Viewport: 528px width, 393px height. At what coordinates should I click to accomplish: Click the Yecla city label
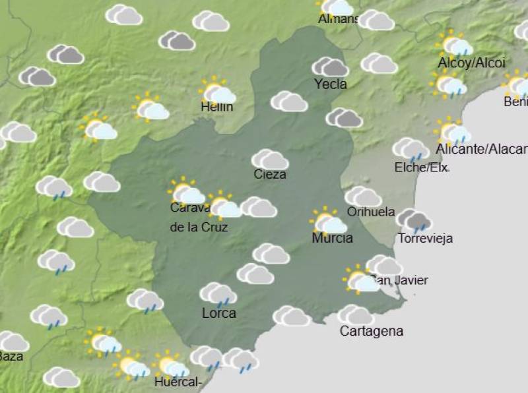[x=331, y=84]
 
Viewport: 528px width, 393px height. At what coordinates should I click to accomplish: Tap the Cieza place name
[x=270, y=174]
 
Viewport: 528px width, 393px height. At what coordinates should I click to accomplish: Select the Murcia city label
[x=332, y=238]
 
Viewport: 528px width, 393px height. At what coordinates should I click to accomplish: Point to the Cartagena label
[x=371, y=331]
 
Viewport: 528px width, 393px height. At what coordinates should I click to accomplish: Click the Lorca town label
[x=218, y=313]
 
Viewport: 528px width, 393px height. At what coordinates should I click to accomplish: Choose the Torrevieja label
[x=426, y=239]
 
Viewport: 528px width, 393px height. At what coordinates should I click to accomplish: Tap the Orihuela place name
[x=370, y=212]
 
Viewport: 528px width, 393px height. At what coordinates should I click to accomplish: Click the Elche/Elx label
[x=420, y=167]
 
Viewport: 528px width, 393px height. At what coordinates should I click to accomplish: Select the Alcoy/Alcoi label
[x=471, y=63]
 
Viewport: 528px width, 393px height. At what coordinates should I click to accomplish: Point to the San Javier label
[x=401, y=280]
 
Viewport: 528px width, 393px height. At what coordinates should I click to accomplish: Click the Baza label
[x=11, y=357]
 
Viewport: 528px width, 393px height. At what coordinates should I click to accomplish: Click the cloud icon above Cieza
[x=270, y=160]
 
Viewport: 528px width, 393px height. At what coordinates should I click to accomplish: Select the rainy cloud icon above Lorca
[x=218, y=294]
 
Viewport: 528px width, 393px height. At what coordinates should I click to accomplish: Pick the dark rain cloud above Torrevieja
[x=414, y=221]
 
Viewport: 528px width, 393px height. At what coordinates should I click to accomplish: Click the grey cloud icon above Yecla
[x=330, y=67]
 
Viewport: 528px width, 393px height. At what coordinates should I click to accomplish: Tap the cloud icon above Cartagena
[x=355, y=315]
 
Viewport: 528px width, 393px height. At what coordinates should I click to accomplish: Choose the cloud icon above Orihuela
[x=363, y=196]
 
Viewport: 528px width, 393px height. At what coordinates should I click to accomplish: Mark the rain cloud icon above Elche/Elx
[x=411, y=150]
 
